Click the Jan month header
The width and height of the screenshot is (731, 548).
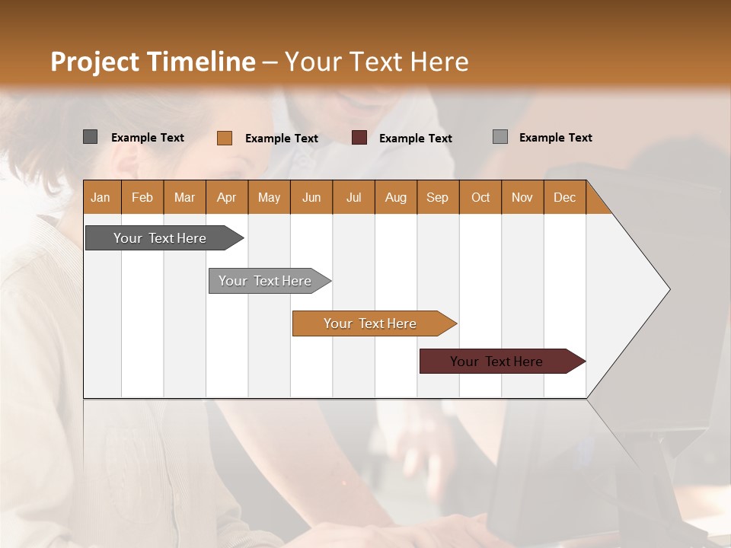[x=101, y=197]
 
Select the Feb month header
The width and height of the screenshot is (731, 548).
[x=142, y=197]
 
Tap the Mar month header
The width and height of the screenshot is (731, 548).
[x=184, y=197]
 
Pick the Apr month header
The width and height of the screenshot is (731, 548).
[x=226, y=197]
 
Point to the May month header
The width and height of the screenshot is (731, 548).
[x=269, y=197]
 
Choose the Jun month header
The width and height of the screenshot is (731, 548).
[x=311, y=197]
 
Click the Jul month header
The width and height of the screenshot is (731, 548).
[x=353, y=197]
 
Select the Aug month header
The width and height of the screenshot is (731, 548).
[x=395, y=197]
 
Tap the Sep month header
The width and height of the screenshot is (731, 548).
[x=437, y=197]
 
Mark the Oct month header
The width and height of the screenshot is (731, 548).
[x=480, y=197]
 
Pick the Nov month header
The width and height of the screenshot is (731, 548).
[x=522, y=197]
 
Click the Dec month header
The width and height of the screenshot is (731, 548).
[x=564, y=197]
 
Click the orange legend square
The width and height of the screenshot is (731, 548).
[x=224, y=138]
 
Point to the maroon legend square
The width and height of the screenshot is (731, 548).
[x=359, y=138]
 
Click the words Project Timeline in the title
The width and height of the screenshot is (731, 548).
[x=153, y=62]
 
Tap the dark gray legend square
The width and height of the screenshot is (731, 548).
[x=90, y=137]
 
